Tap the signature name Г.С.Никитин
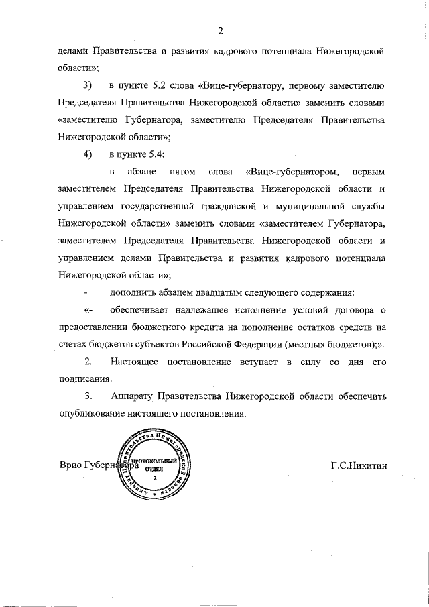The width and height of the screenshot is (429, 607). point(359,464)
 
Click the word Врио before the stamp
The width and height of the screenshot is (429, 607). point(70,464)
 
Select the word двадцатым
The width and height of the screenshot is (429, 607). point(198,292)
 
